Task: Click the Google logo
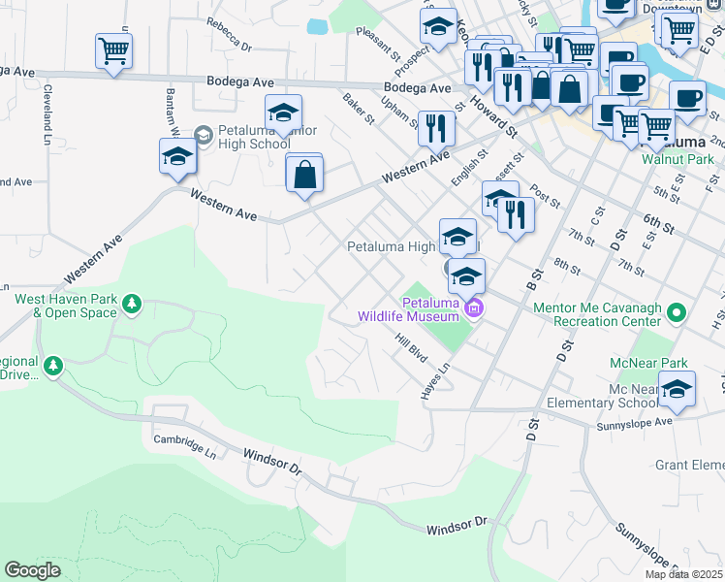tap(33, 570)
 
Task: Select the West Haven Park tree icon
tap(132, 307)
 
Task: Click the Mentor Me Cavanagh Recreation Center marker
tap(678, 314)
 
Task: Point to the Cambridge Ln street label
tap(184, 444)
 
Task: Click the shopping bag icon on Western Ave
tap(304, 175)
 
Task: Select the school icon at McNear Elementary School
tap(677, 387)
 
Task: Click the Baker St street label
tap(359, 108)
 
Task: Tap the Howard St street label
tap(493, 114)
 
